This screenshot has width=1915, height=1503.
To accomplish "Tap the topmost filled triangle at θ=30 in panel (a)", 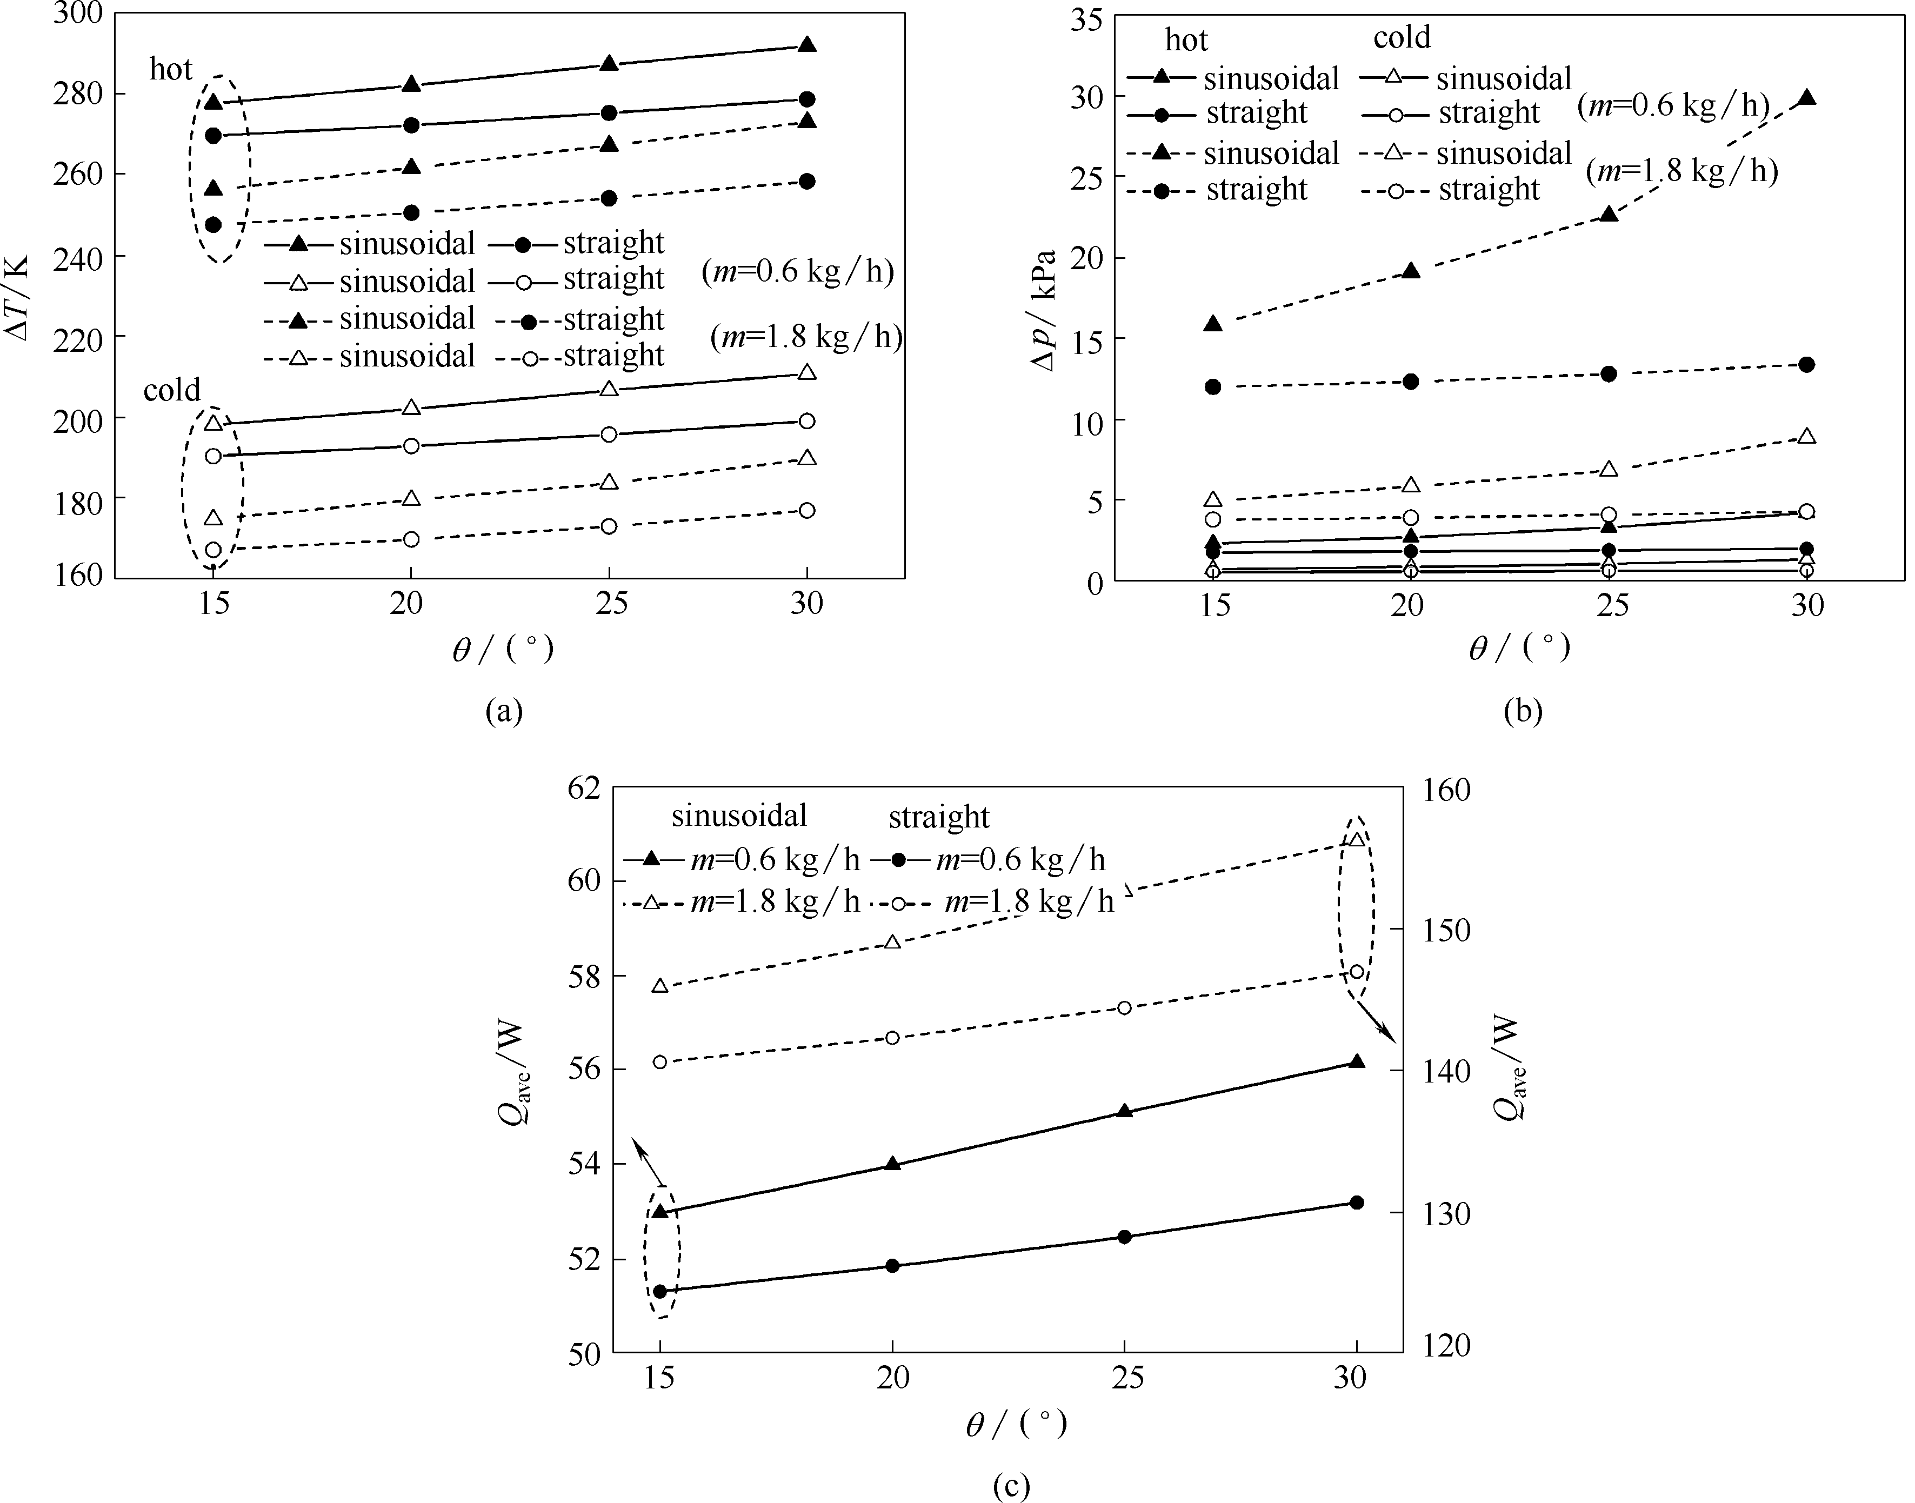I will coord(807,44).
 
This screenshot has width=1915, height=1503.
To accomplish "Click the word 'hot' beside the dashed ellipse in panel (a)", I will coord(171,69).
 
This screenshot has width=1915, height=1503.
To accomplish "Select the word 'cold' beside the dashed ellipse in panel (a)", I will coord(172,389).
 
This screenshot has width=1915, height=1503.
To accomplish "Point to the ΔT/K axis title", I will coord(18,297).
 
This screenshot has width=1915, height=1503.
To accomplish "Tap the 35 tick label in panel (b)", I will coord(1085,18).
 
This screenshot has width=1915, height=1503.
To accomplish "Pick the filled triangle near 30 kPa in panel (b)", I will coord(1806,98).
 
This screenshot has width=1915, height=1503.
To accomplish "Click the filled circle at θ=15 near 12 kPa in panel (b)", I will coord(1213,386).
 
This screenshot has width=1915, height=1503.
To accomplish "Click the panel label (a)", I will coord(504,710).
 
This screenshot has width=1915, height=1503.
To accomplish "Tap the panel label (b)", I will coord(1523,710).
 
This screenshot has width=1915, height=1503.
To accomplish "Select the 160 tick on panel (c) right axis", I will coord(1447,790).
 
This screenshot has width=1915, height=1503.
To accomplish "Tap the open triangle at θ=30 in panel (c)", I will coord(1356,839).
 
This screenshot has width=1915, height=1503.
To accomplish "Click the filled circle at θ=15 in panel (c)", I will coord(660,1291).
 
